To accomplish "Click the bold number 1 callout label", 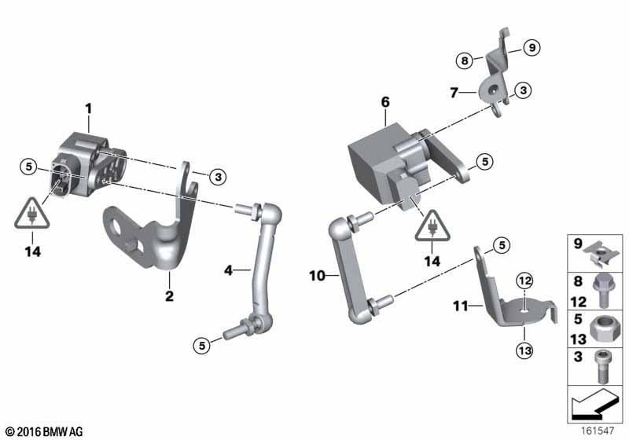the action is (x=88, y=108).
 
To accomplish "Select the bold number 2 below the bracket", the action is (x=169, y=296).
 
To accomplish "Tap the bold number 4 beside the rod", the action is (x=228, y=270).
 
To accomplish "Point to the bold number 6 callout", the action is (x=385, y=102).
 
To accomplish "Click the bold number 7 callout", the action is (x=454, y=93).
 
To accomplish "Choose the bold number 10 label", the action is (x=317, y=276).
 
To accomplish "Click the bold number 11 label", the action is (x=461, y=306).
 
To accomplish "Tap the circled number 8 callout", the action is (x=465, y=61).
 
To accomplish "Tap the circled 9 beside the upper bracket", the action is (x=532, y=48).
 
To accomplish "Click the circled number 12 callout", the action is (x=524, y=281).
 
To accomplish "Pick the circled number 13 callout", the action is (x=524, y=351).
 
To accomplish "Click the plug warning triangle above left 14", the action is (x=32, y=214).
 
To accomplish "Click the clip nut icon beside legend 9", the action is (x=598, y=253).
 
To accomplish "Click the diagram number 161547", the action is (x=598, y=431).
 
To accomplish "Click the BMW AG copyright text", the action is (x=45, y=431).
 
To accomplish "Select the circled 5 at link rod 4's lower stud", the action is (x=202, y=345).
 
